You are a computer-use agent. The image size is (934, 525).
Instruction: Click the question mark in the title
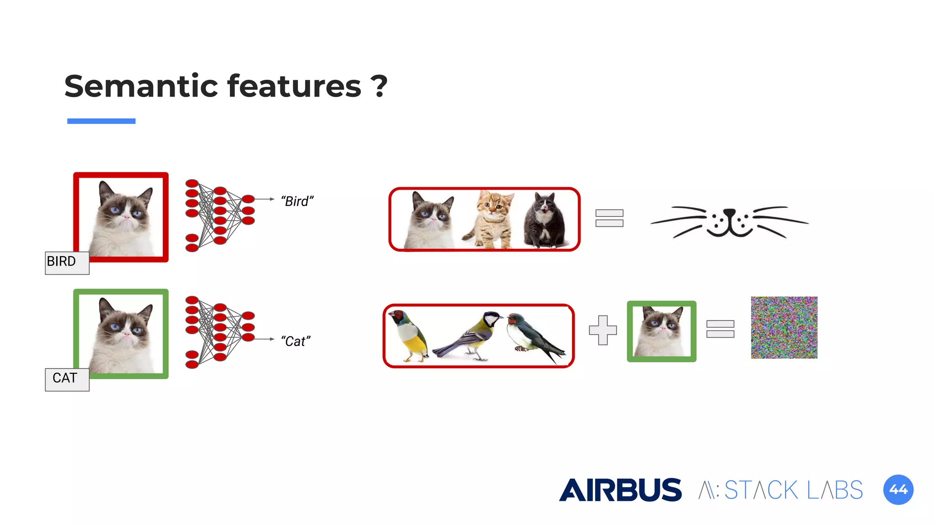pos(379,86)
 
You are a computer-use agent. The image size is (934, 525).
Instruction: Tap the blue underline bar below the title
pos(101,121)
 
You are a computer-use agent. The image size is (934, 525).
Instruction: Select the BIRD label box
pos(67,262)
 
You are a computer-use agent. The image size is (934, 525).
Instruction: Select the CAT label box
pos(67,379)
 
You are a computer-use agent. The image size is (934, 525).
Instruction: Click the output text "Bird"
pos(297,201)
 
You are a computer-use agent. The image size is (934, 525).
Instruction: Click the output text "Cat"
pos(296,341)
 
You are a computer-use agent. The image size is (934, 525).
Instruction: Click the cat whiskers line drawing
pos(730,222)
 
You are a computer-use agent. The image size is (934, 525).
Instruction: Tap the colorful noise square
pos(784,327)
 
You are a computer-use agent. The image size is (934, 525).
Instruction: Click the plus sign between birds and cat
pos(602,330)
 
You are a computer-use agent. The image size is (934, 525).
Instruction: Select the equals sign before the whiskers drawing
pos(609,218)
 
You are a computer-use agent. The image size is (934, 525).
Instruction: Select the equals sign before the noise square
pos(720,329)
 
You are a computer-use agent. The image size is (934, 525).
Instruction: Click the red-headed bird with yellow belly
pos(409,335)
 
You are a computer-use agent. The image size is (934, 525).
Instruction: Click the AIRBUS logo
pos(620,490)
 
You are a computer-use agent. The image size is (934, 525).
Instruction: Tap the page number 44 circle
pos(898,490)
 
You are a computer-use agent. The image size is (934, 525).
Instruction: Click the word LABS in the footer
pos(835,490)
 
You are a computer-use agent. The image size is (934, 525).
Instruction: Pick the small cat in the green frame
pos(661,331)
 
